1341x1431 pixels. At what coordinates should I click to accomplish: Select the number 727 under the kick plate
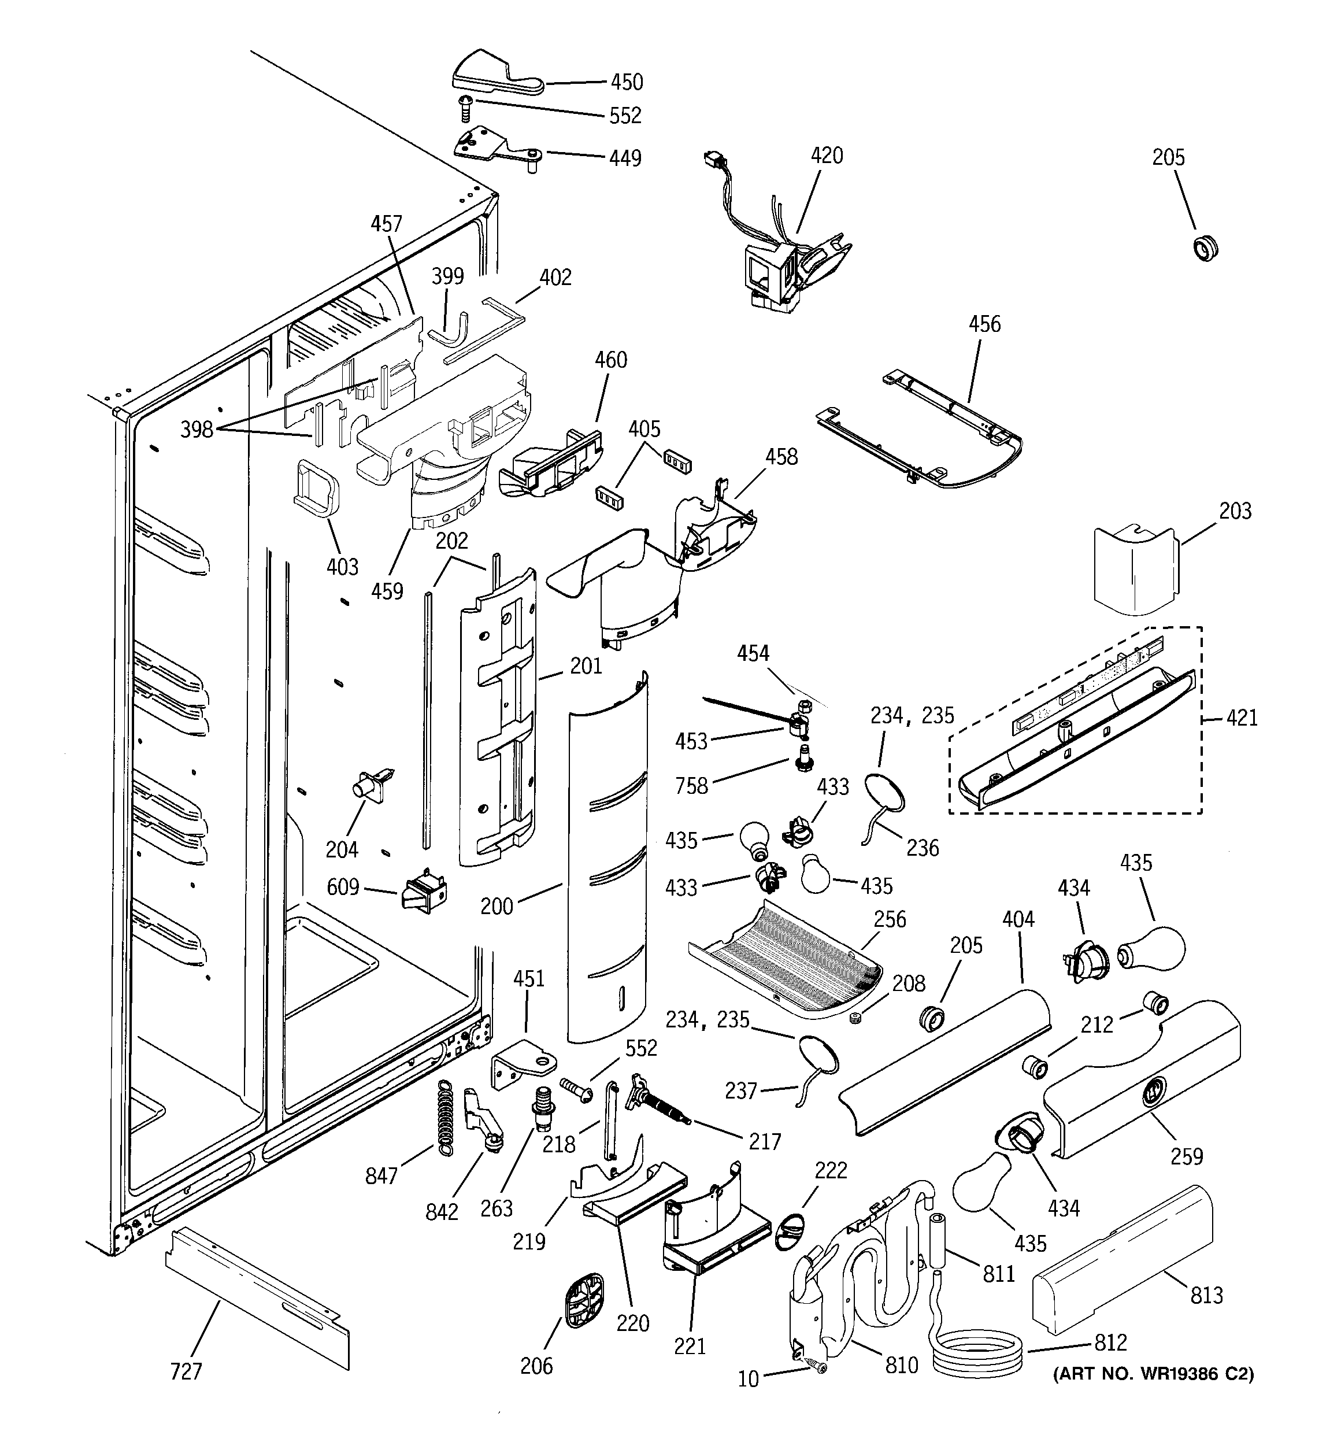click(186, 1372)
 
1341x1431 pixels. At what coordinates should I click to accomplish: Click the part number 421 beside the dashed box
click(1241, 718)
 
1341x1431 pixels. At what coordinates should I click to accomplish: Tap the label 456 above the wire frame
click(984, 324)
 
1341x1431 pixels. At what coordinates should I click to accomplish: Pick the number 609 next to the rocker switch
click(343, 886)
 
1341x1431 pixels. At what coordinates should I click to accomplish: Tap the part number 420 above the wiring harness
click(827, 156)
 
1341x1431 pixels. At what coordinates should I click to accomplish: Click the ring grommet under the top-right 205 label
click(1206, 247)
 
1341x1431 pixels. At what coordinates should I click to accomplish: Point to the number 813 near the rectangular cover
click(1206, 1296)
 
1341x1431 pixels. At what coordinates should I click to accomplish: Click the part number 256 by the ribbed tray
click(890, 919)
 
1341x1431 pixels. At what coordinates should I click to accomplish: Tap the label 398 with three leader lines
click(197, 430)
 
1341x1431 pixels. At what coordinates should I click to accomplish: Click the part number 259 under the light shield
click(1186, 1156)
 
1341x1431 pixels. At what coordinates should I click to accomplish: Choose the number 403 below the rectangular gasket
click(342, 567)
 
